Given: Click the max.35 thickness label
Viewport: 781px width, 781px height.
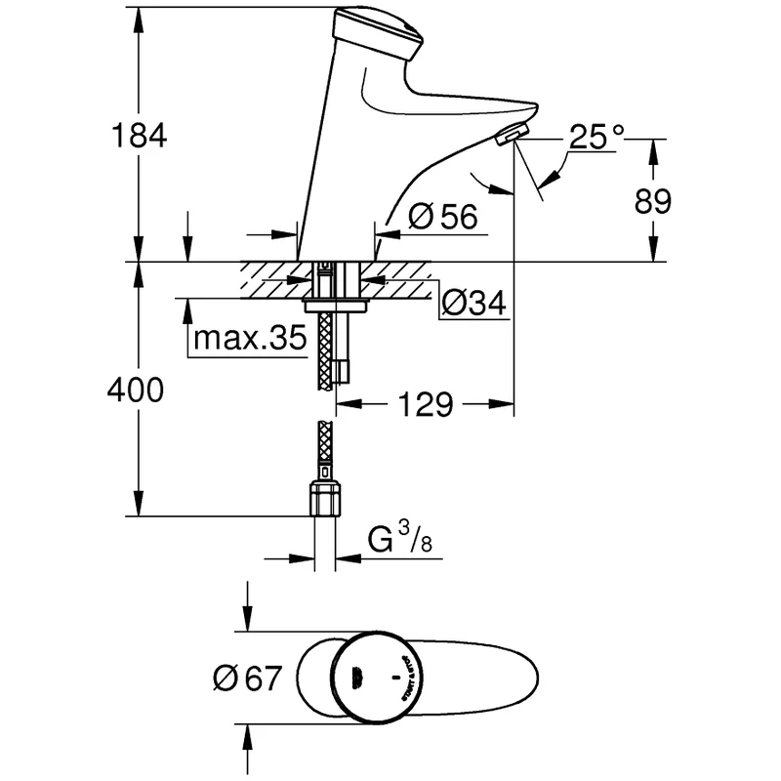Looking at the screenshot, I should [250, 339].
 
